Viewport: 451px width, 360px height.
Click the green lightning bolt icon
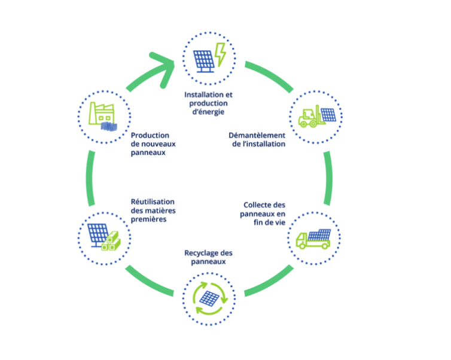(x=220, y=54)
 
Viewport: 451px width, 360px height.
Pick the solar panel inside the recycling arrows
(x=209, y=297)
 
